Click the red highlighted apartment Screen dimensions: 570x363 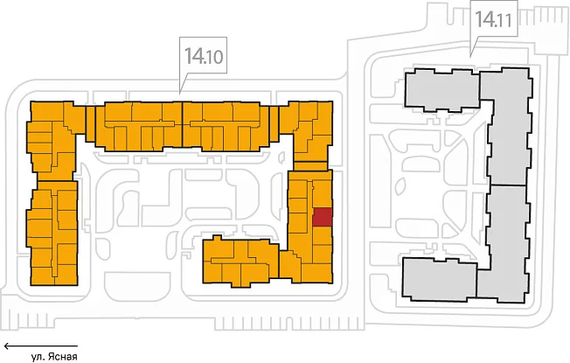click(x=323, y=217)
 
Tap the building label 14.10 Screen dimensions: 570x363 click(x=204, y=57)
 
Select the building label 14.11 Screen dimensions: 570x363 click(x=494, y=19)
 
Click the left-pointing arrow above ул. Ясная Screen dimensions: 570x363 click(x=41, y=346)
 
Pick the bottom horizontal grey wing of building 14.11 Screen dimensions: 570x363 click(x=440, y=279)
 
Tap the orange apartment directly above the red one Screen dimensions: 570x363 click(x=323, y=194)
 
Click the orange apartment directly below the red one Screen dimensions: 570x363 click(x=323, y=235)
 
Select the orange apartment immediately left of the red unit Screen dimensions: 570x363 click(x=298, y=223)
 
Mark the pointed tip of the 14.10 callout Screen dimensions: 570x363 click(x=180, y=93)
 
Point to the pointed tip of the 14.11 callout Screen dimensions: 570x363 click(x=470, y=57)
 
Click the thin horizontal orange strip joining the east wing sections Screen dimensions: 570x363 click(x=310, y=166)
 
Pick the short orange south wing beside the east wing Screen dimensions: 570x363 click(x=240, y=262)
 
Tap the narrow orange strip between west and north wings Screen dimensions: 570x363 click(x=90, y=123)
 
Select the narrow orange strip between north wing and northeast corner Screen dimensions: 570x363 click(x=275, y=123)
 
